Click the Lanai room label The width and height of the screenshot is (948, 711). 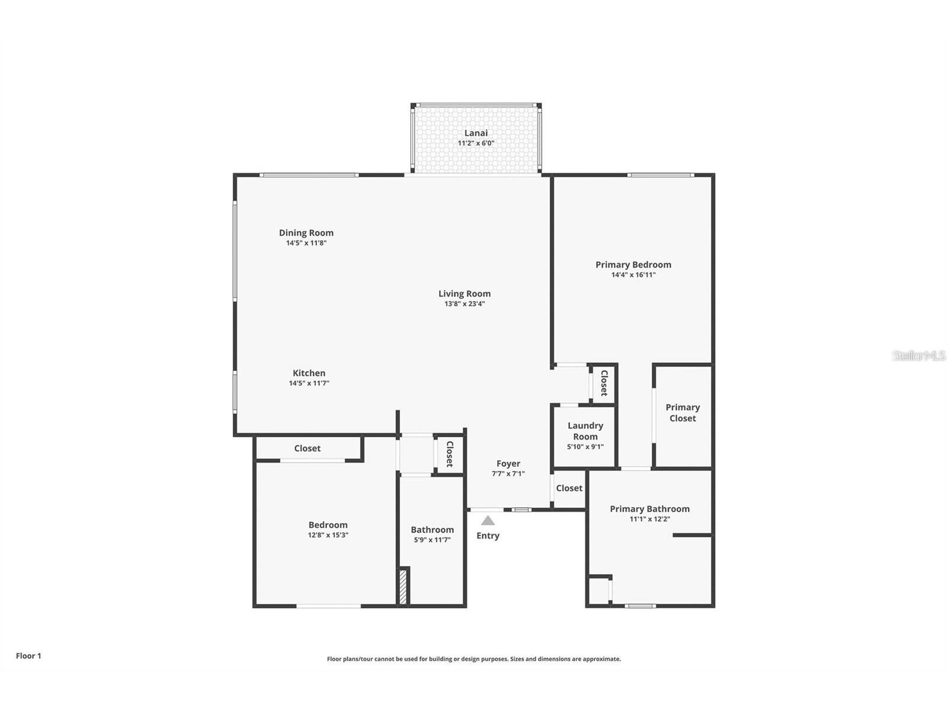[x=476, y=133]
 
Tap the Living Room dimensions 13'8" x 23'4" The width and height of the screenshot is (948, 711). [x=465, y=304]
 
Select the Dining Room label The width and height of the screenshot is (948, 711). [x=306, y=233]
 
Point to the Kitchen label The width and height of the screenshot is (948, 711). [x=309, y=373]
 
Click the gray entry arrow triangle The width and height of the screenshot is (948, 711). [x=488, y=521]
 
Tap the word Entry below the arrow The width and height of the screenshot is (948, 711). [x=488, y=536]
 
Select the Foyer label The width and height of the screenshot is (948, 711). [x=508, y=463]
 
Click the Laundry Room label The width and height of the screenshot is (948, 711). [x=585, y=431]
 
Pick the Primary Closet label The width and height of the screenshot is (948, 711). [x=683, y=412]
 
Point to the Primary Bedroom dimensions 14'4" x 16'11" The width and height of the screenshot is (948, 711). [x=633, y=275]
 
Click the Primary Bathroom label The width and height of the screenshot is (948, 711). [x=649, y=508]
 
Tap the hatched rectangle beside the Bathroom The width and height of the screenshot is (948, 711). [x=403, y=586]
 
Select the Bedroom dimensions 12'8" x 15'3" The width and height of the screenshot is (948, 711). [x=328, y=535]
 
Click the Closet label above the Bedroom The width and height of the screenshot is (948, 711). [x=307, y=449]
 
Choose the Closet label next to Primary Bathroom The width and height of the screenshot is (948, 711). [x=569, y=488]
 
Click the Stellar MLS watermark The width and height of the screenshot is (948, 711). [x=918, y=355]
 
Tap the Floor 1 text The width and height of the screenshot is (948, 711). [x=28, y=656]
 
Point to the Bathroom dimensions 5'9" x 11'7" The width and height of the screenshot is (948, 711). [x=432, y=540]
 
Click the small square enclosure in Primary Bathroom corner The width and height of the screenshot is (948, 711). [x=598, y=591]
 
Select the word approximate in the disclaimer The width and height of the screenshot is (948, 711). [x=601, y=659]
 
